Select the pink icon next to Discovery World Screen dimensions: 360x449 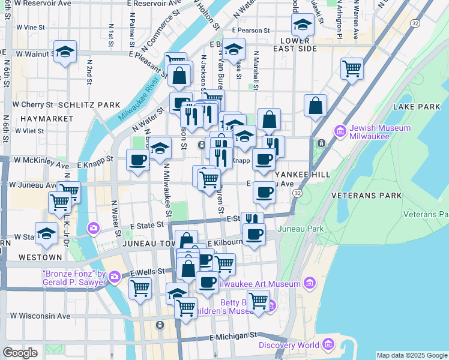coord(328,344)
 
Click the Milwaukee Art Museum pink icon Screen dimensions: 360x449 coord(310,283)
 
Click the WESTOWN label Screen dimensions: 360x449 coord(40,257)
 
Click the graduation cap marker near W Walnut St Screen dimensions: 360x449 coord(65,52)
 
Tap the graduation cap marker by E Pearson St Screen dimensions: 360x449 coord(303,24)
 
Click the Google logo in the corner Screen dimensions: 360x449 coord(20,353)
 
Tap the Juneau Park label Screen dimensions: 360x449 coord(300,229)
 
